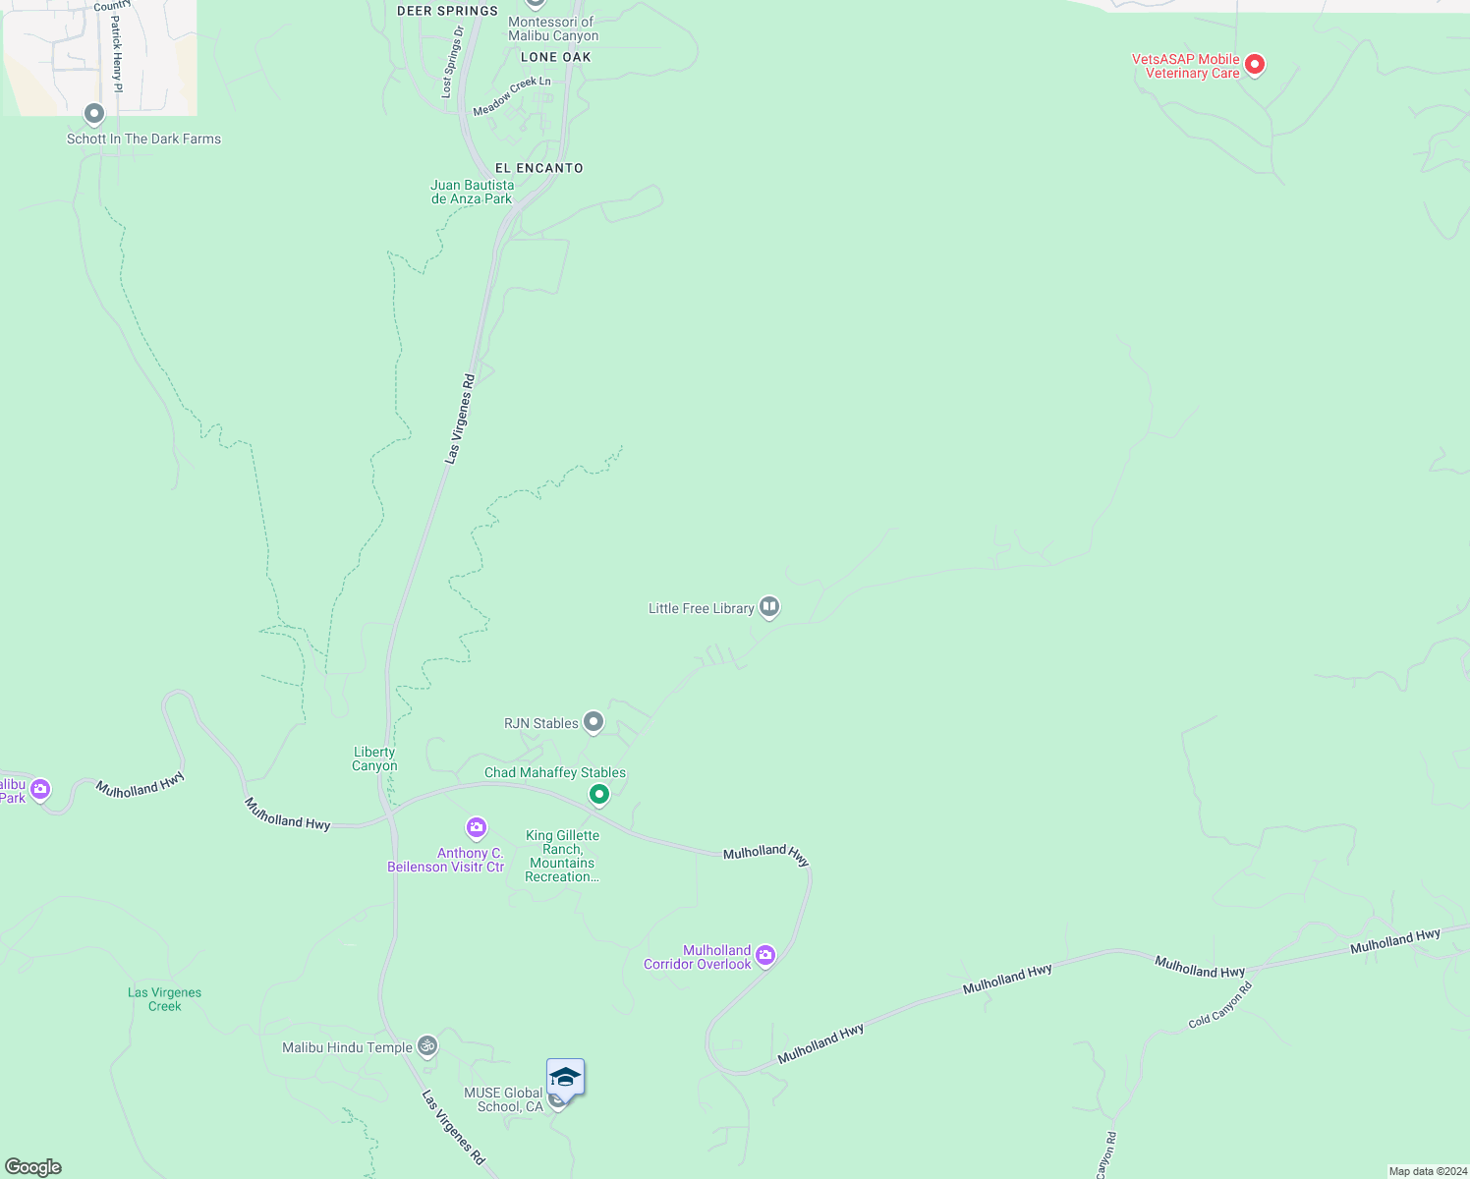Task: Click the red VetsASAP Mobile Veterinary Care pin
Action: tap(1254, 65)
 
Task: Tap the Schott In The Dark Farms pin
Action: tap(94, 115)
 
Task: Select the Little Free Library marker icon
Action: tap(769, 607)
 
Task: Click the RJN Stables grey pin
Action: tap(593, 722)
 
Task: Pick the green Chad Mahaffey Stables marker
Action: tap(598, 793)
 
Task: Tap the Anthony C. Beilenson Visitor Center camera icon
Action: tap(477, 827)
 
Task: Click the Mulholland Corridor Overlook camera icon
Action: tap(765, 955)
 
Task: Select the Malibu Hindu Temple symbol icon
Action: tap(426, 1045)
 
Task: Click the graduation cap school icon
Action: tap(565, 1079)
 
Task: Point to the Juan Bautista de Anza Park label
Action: tap(473, 192)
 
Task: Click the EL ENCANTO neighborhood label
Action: tap(538, 168)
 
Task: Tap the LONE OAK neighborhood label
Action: tap(556, 57)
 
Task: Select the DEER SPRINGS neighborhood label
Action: tap(447, 11)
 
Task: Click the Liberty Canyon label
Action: tap(374, 758)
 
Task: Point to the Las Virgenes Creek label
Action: tap(164, 999)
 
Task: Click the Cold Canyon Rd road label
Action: tap(1219, 1005)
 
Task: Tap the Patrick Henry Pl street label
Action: tap(117, 54)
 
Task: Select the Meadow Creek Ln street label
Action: tap(512, 96)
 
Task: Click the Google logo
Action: tap(33, 1167)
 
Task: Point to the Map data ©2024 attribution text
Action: tap(1427, 1171)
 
